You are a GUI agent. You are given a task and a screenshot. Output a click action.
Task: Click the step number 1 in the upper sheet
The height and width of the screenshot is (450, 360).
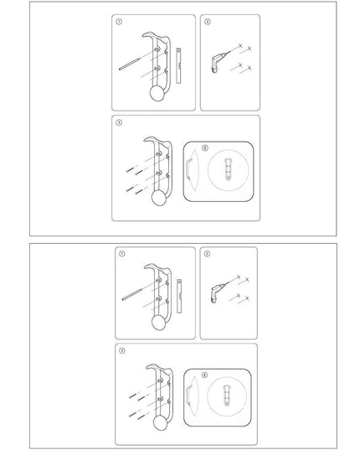point(120,22)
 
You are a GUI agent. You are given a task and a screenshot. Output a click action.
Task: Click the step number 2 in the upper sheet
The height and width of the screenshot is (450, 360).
point(208,22)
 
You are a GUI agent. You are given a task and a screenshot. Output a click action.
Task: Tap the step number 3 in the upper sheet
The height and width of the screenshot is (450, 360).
point(120,122)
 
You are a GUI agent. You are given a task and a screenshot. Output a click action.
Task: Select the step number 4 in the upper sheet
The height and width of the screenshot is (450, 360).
point(192,147)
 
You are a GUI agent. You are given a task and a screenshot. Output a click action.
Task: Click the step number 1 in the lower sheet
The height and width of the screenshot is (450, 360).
point(120,253)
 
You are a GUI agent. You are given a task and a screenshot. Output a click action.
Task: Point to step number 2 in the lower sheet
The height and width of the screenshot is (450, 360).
point(208,253)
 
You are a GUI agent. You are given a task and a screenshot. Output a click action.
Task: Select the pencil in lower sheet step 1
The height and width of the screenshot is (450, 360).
point(131,292)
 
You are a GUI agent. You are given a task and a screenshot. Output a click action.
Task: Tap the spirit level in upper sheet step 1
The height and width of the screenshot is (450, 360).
point(177,63)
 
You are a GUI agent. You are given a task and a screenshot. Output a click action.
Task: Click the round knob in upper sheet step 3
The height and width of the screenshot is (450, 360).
point(157,199)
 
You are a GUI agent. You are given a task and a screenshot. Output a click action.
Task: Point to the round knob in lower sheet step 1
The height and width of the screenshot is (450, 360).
point(157,323)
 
